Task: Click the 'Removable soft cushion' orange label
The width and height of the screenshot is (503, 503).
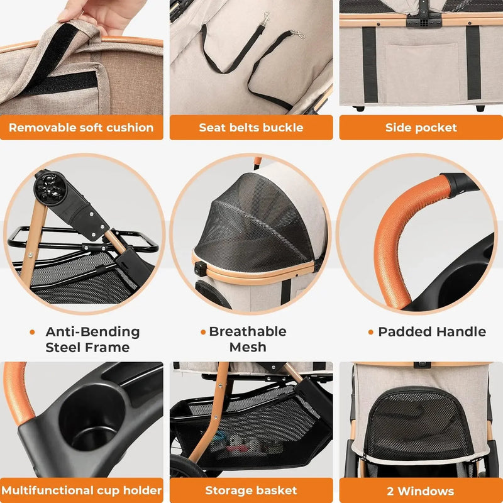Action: [x=81, y=128]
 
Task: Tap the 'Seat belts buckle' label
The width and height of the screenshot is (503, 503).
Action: [x=251, y=128]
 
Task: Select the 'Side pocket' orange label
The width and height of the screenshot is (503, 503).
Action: [x=421, y=128]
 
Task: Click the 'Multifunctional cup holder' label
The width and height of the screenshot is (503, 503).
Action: [x=81, y=490]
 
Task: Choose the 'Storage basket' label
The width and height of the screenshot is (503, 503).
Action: [x=251, y=490]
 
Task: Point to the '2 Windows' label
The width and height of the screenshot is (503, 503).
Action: [x=421, y=490]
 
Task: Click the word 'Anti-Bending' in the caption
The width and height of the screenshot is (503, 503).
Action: [x=92, y=332]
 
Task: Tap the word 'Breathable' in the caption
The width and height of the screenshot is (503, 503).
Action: [x=247, y=331]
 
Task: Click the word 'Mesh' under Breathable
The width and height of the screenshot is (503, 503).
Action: [x=247, y=347]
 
